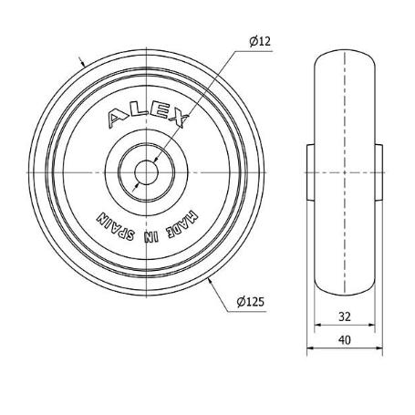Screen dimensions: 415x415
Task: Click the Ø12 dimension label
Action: coord(260,41)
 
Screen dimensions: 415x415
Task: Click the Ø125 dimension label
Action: coord(251,302)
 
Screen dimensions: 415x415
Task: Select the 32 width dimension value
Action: coord(345,316)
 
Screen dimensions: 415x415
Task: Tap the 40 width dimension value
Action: coord(345,340)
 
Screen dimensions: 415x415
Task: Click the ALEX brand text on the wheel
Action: coord(148,117)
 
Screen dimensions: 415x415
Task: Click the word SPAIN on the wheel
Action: coord(115,226)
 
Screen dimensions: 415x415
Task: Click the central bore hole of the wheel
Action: coord(146,172)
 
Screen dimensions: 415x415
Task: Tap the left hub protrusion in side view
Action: coord(310,172)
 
